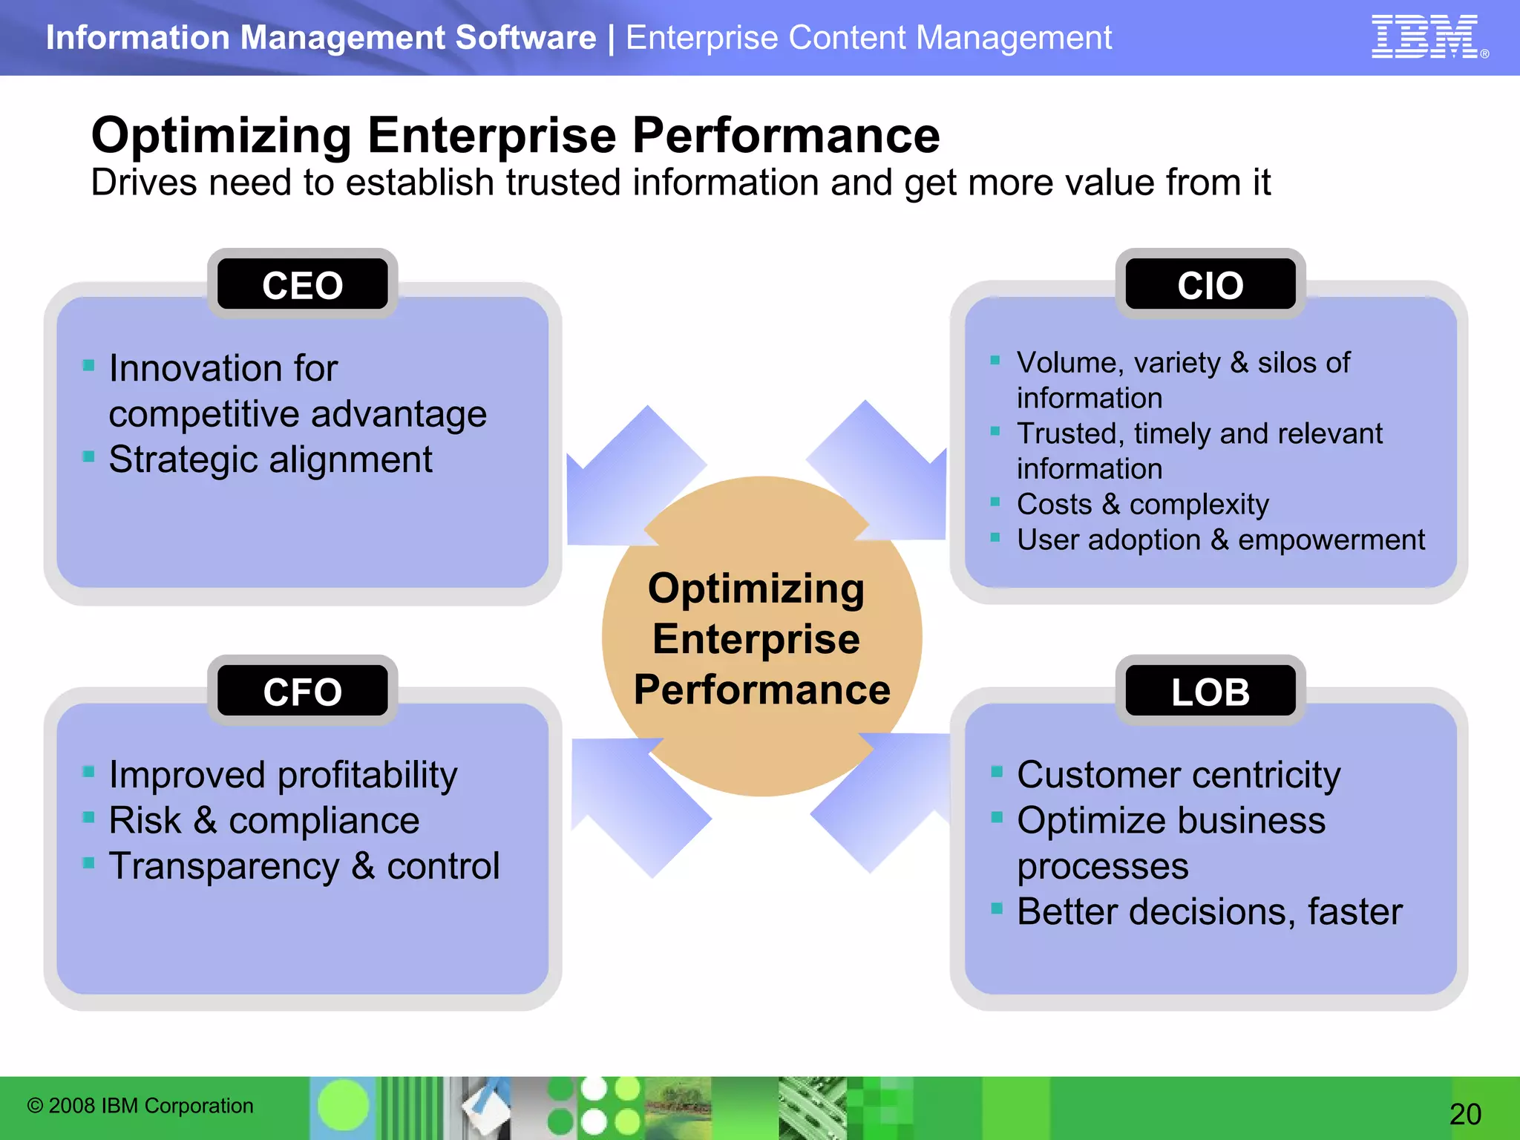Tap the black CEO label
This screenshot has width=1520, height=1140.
[x=302, y=285]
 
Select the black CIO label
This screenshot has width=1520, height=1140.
[x=1210, y=285]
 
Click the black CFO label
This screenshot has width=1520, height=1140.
[x=302, y=691]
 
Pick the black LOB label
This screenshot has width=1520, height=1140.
[x=1210, y=691]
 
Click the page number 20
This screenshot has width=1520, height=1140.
[x=1464, y=1113]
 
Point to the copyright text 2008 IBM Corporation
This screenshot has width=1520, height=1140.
[x=141, y=1105]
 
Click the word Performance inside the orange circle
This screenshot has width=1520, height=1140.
[x=761, y=689]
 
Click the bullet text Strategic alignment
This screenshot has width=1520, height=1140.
[x=270, y=459]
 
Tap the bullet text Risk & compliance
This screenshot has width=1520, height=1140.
[x=263, y=820]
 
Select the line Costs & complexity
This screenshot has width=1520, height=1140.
[x=1142, y=504]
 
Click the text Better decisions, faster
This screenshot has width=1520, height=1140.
[x=1209, y=911]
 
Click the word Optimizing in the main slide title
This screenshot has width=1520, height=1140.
[x=220, y=136]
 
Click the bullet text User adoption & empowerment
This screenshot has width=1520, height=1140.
[x=1220, y=540]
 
